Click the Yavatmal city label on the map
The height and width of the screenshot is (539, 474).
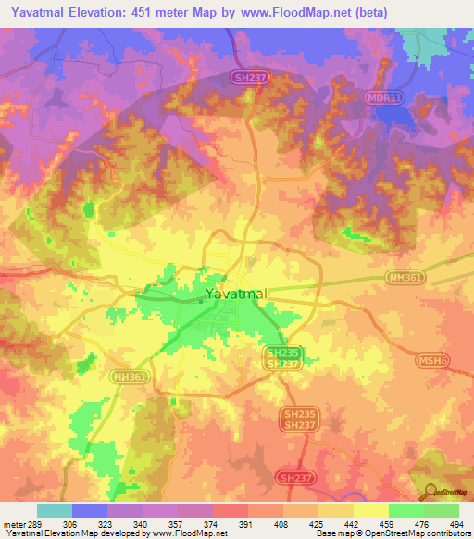(237, 294)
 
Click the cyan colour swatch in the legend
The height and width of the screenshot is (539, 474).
(54, 510)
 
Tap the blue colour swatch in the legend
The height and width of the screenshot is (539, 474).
(90, 510)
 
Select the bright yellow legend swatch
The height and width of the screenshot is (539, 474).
(370, 510)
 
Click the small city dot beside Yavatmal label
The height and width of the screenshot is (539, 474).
(201, 299)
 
